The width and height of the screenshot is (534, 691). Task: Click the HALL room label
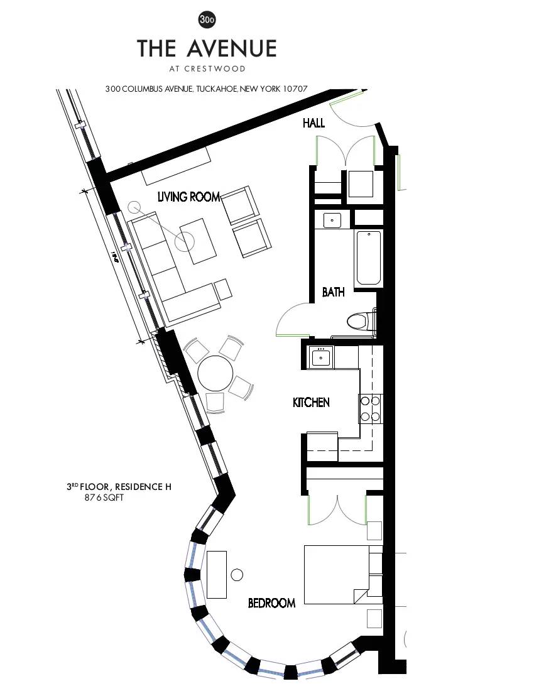[x=313, y=123]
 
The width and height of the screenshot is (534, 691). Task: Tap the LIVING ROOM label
[x=188, y=197]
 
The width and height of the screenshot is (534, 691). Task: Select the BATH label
[x=333, y=292]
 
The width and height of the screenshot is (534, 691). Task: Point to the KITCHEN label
[x=311, y=402]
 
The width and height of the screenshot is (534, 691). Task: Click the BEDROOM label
[x=271, y=603]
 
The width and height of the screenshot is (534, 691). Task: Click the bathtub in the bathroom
[x=369, y=258]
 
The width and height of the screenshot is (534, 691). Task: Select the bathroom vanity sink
[x=332, y=220]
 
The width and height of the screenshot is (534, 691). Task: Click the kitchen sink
[x=321, y=357]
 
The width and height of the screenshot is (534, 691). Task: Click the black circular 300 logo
[x=207, y=20]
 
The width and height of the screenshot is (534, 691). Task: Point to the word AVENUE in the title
[x=232, y=48]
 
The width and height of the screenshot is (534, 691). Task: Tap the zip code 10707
[x=293, y=89]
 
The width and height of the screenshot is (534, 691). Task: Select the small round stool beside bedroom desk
[x=237, y=574]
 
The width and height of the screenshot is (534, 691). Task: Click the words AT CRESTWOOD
[x=207, y=68]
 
